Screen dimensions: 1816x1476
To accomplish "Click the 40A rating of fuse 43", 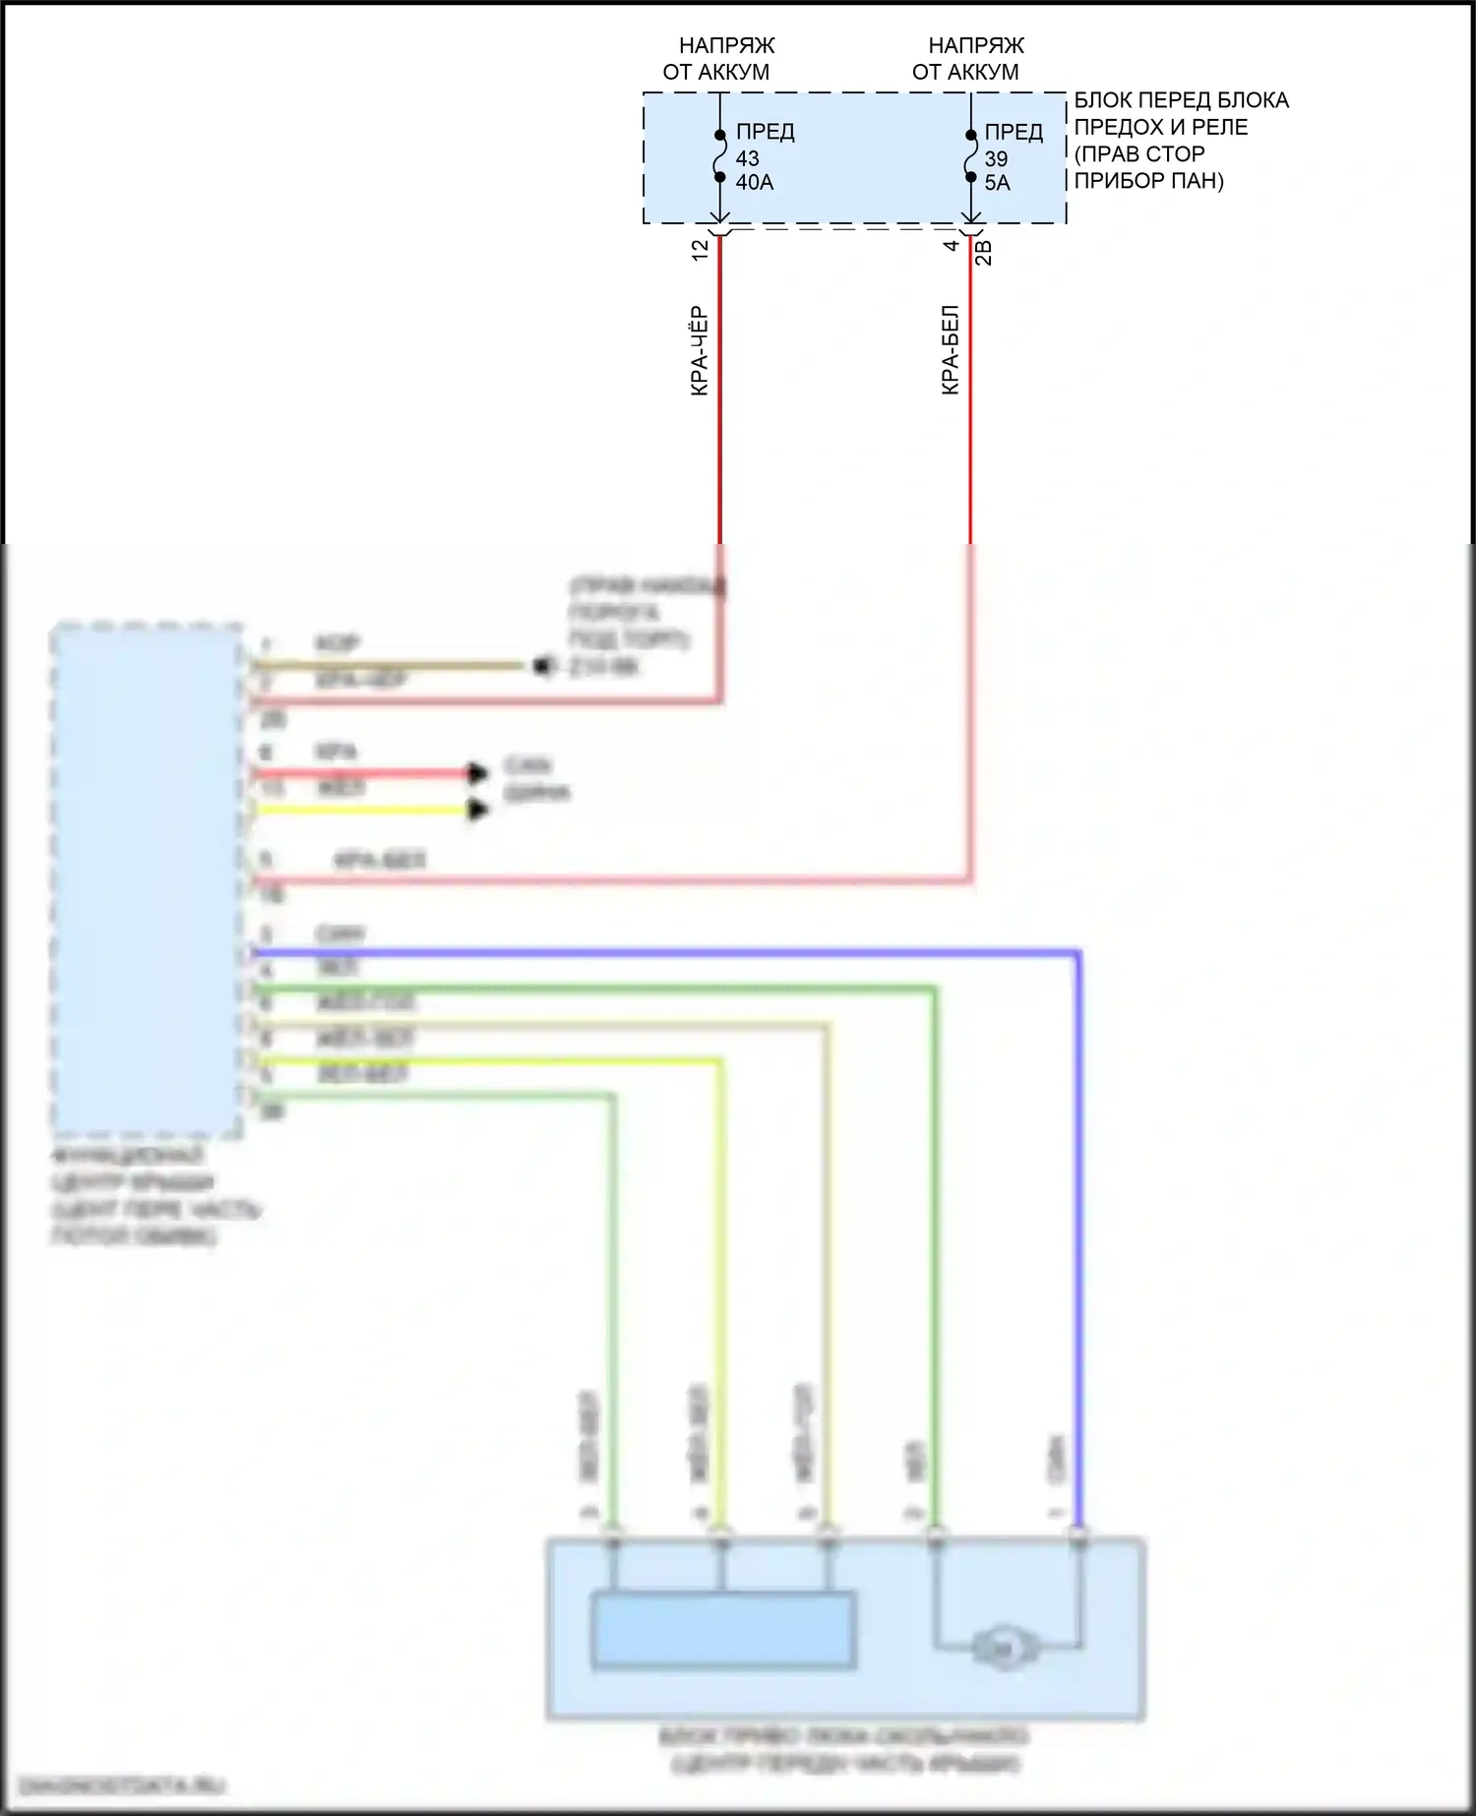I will pos(755,183).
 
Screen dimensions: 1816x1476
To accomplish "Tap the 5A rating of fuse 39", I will pos(997,183).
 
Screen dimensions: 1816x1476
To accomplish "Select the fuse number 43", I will pos(747,158).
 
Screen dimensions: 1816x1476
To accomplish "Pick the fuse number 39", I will pos(996,158).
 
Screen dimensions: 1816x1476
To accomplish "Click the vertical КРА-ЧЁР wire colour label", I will pos(699,350).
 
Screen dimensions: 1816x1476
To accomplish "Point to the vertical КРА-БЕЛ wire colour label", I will pos(950,350).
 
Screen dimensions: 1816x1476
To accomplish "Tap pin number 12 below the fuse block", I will pos(700,250).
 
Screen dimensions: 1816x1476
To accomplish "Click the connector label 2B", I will pos(983,252).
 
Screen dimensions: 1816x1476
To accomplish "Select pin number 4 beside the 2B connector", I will pos(951,246).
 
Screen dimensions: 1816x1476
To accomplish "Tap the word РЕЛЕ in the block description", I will pos(1219,128).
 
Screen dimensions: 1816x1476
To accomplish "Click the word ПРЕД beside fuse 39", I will pos(1014,133).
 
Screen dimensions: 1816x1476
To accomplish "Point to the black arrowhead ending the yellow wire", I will pos(478,810).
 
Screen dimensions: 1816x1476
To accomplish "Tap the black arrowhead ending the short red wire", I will pos(478,773).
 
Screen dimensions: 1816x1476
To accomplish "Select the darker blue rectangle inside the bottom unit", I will pos(722,1629).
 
